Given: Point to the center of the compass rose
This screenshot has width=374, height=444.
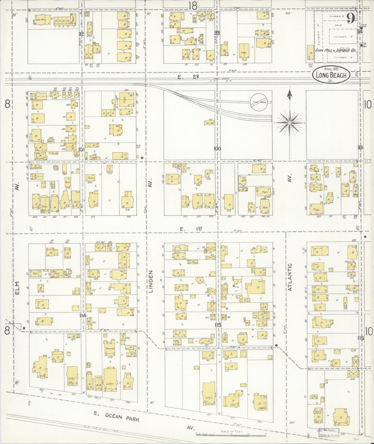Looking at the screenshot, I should point(289,122).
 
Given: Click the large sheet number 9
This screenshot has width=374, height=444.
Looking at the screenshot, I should point(350,19).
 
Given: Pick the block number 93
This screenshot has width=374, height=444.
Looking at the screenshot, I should point(217,33).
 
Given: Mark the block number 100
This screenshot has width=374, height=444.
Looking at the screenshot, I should point(217,148).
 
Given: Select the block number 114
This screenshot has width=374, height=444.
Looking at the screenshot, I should point(83,315).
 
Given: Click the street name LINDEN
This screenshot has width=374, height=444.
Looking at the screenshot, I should point(151,281).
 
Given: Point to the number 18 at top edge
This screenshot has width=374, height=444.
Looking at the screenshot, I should point(193,5).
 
